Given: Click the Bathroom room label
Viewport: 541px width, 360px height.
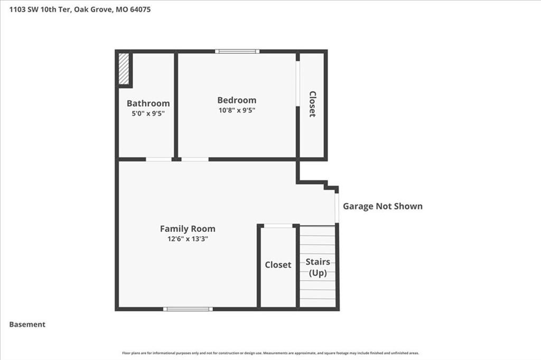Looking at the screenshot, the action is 148,103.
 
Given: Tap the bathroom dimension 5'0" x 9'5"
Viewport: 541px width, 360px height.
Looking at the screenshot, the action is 148,113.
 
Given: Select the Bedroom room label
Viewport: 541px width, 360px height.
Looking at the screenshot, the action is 237,100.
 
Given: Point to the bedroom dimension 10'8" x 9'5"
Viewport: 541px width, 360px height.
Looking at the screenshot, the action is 237,110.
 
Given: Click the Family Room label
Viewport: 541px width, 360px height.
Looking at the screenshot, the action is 188,229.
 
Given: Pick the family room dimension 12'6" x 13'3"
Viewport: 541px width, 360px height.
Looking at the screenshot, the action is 188,239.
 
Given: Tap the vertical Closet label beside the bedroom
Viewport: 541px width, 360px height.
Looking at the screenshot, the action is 312,104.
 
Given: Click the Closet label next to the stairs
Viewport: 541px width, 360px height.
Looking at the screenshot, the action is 278,265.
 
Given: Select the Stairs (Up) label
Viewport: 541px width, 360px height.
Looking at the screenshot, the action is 318,267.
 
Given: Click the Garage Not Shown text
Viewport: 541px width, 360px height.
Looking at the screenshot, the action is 383,206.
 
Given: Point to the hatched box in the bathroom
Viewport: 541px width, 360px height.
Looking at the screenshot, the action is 124,68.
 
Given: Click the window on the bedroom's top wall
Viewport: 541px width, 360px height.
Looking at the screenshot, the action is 237,51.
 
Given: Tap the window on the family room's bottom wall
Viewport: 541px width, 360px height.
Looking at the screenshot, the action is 188,309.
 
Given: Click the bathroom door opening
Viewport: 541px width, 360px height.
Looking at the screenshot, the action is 158,159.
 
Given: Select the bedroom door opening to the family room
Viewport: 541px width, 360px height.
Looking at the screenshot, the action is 195,159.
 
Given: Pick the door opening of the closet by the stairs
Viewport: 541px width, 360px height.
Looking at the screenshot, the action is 278,226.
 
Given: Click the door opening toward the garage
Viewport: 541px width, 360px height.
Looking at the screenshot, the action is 337,208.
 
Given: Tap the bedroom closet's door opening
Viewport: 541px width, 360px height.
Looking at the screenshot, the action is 298,84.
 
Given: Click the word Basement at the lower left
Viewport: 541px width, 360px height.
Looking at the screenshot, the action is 27,325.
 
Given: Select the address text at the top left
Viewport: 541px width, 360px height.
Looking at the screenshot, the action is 80,10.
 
